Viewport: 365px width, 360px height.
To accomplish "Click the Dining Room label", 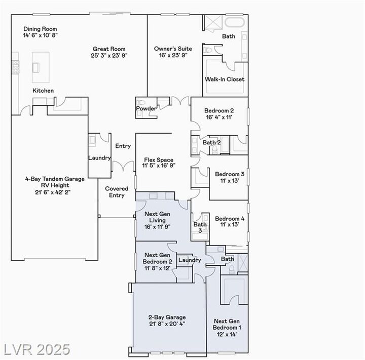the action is coord(40,29).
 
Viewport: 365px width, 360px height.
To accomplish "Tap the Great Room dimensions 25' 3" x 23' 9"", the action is coord(109,55).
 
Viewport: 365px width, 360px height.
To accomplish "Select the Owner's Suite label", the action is coord(173,49).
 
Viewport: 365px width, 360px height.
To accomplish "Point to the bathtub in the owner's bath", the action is coord(235,23).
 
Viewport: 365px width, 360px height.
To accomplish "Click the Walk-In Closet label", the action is coord(225,79).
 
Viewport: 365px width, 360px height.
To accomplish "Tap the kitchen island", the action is coord(41,67).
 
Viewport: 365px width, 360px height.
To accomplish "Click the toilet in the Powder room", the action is coord(141,102).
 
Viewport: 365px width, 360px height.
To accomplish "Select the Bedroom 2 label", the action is coord(219,110).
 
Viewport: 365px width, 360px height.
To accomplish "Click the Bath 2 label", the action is coord(211,142).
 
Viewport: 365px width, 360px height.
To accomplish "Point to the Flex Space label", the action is coord(159,160).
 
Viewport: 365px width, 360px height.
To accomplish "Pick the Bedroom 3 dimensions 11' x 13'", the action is coord(230,180).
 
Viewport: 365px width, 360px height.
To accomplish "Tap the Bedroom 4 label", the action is coord(230,218).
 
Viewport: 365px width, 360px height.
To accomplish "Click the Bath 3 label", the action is coord(200,227).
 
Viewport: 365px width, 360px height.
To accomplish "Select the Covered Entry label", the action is coord(117,192).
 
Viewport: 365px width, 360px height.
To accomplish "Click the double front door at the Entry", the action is coord(123,166).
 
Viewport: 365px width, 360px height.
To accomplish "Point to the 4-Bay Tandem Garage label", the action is coord(55,179).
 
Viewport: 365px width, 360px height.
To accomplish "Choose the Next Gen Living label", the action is coord(157,217).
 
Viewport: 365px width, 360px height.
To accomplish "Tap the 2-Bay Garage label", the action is coord(167,317).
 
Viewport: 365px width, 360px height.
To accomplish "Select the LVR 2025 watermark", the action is coord(37,349).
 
